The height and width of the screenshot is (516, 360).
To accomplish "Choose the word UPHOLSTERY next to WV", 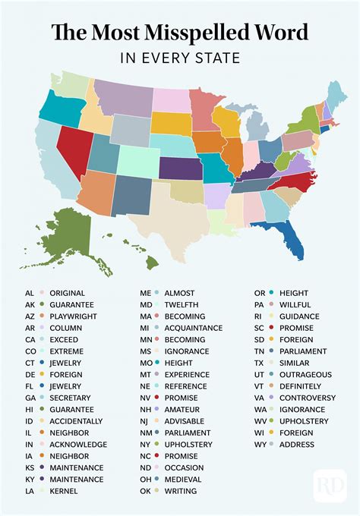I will coord(304,420).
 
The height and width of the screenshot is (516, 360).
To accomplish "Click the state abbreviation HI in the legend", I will coord(29,408).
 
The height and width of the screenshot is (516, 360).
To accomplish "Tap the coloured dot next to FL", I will coord(43,385).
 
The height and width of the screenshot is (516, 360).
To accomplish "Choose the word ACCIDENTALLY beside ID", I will coord(76,420).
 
